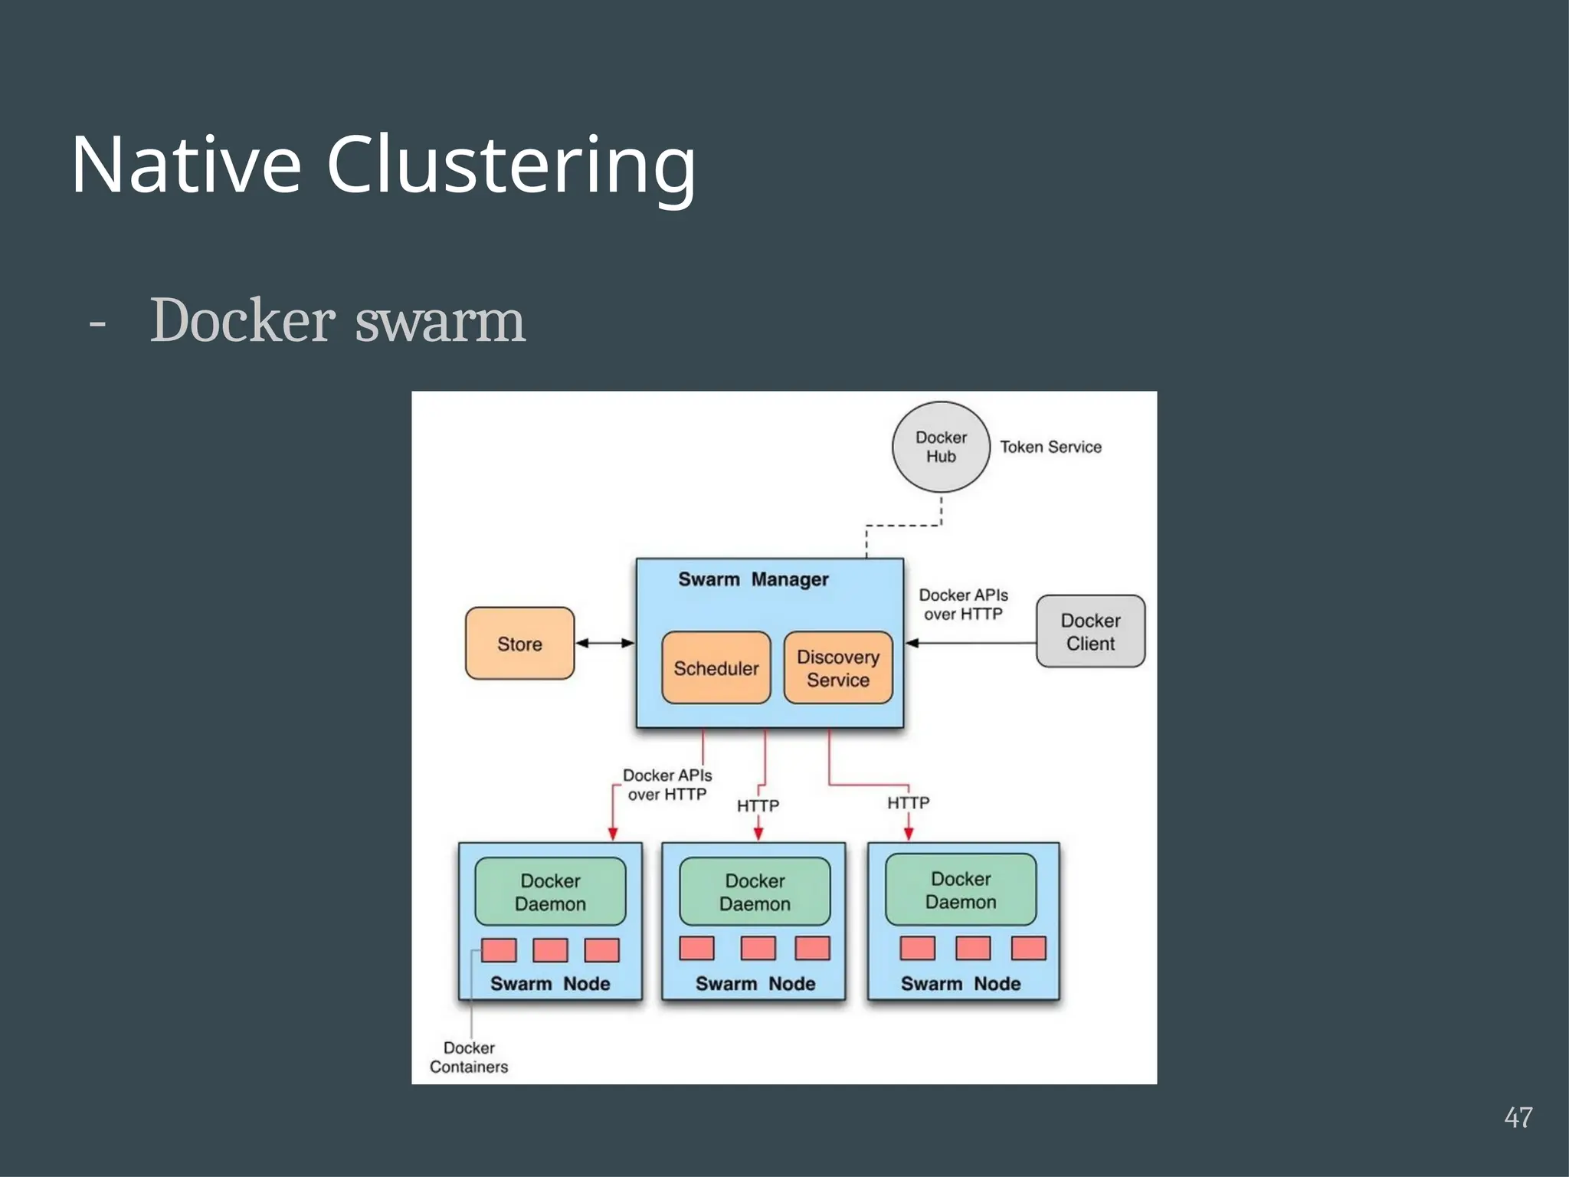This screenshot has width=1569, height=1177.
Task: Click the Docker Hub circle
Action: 941,447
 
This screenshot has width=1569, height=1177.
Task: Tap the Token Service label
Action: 1050,447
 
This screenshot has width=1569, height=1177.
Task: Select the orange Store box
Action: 519,644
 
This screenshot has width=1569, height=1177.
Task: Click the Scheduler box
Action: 716,668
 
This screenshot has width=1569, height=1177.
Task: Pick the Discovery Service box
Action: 838,668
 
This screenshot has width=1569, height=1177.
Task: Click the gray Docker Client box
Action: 1090,631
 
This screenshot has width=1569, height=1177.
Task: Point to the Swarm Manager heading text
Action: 753,579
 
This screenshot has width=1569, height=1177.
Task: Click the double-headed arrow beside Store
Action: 605,643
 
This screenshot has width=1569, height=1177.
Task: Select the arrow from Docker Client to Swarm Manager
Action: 970,643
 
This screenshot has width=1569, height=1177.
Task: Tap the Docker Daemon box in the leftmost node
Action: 550,892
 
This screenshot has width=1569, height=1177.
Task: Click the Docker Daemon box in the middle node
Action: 755,892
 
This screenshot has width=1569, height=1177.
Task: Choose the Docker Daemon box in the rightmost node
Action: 961,890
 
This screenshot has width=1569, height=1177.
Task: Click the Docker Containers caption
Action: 469,1057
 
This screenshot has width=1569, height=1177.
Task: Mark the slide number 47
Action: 1518,1117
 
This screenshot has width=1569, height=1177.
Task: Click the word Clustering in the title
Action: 511,166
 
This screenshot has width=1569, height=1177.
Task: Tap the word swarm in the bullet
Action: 441,320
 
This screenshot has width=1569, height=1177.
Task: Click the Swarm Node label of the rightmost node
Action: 961,984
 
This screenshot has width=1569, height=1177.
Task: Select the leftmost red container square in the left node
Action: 499,950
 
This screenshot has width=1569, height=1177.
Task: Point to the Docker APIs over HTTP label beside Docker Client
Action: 963,605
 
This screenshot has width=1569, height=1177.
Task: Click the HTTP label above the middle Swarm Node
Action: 758,805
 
